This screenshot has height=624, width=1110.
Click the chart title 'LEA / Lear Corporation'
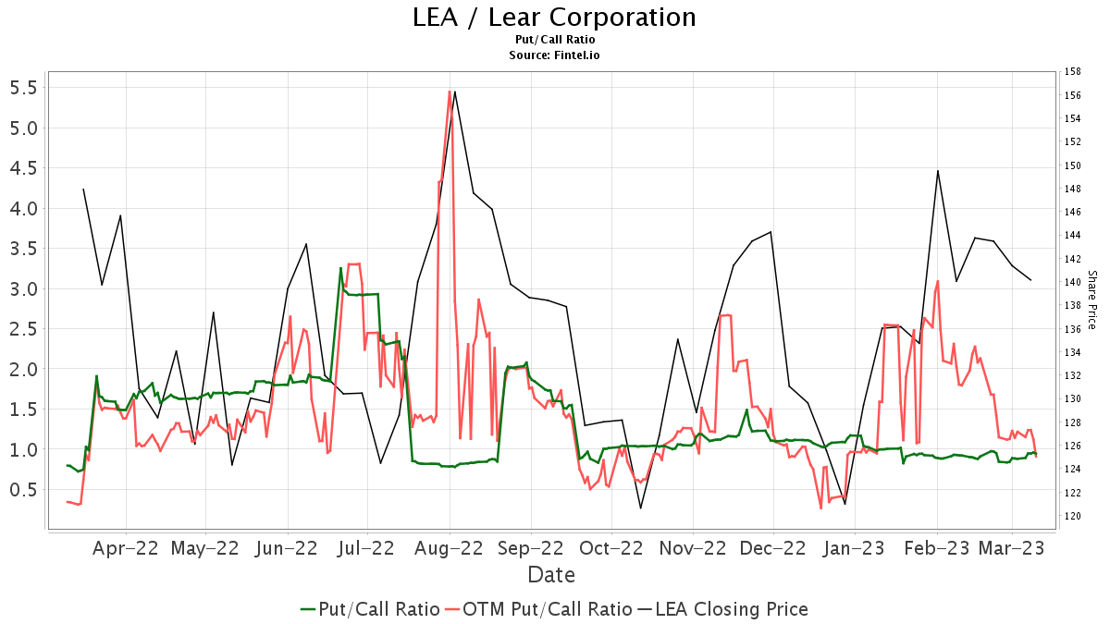tap(554, 18)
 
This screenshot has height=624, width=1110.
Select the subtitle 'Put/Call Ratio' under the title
tap(554, 40)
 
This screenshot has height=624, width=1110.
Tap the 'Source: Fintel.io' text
tap(554, 55)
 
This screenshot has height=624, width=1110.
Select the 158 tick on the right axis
tap(1073, 71)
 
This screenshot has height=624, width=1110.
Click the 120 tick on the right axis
tap(1073, 516)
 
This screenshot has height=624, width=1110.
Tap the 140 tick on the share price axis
tap(1073, 282)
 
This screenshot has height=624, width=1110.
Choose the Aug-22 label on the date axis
tap(450, 548)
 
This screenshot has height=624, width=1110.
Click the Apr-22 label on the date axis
tap(126, 548)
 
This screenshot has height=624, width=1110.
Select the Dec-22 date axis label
tap(773, 548)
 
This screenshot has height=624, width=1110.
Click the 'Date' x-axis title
tap(551, 575)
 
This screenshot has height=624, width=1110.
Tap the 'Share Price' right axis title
tap(1091, 300)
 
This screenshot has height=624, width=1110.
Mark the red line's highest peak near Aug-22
tap(450, 91)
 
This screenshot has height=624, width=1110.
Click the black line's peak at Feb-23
tap(938, 170)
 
